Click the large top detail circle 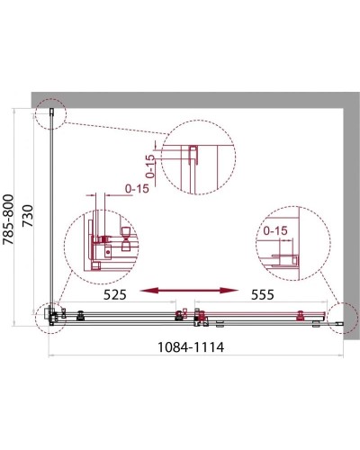(x=199, y=157)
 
